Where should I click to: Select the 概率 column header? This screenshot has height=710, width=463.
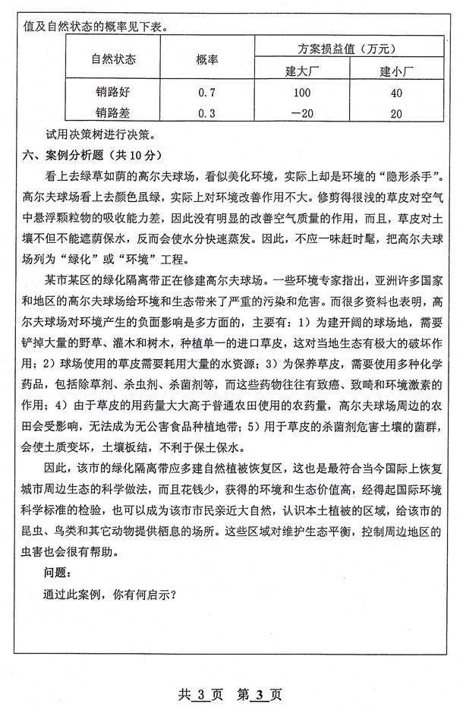tap(206, 59)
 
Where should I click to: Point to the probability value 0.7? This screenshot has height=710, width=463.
tap(206, 94)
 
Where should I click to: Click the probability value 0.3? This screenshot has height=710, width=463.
tap(206, 114)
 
